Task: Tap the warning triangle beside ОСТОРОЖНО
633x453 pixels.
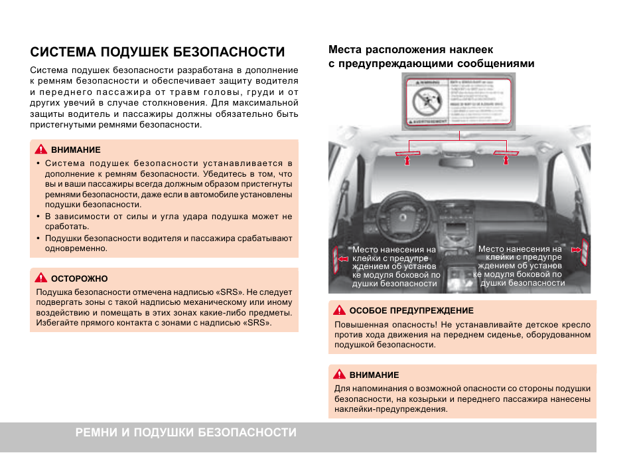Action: pos(40,278)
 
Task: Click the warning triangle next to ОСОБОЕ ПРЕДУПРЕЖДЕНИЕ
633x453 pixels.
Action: pos(339,310)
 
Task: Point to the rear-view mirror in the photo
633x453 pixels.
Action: pos(460,137)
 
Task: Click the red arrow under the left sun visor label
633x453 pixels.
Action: pos(409,159)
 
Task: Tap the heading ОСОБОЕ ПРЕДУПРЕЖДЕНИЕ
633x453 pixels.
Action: pos(411,310)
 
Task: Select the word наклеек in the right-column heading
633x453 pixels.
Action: pos(470,50)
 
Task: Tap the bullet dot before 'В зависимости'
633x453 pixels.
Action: pos(38,217)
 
